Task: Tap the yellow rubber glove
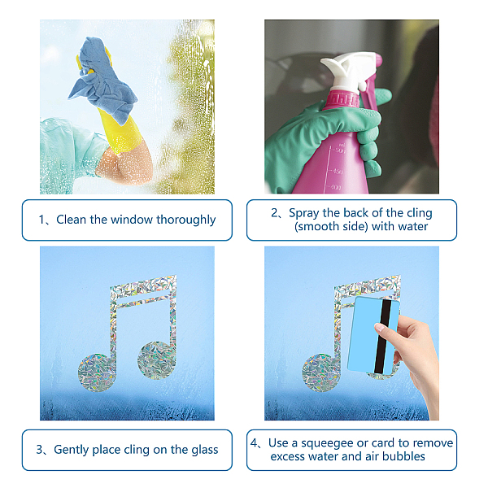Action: pos(120,131)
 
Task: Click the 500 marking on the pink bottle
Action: pos(341,151)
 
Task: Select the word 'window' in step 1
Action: pos(132,220)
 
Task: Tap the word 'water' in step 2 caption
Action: pos(412,226)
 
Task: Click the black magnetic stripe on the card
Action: pos(382,337)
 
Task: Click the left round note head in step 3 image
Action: pos(97,373)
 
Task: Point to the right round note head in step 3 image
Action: pos(157,360)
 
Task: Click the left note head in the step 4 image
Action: pos(321,373)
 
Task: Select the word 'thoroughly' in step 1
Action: pos(185,220)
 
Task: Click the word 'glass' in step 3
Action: pos(204,450)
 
